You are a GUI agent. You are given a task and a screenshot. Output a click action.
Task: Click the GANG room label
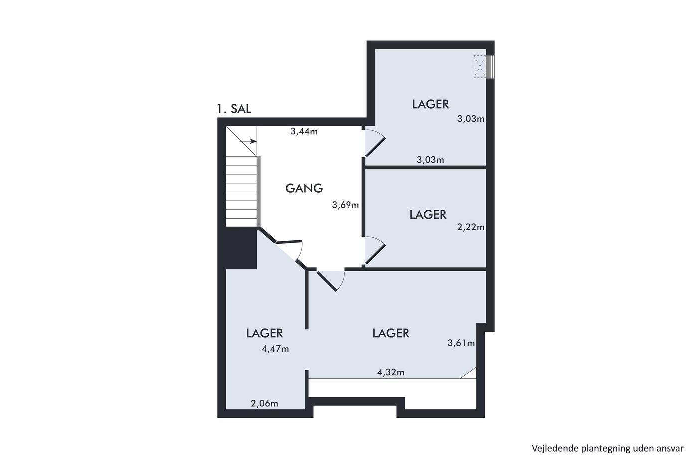click(304, 188)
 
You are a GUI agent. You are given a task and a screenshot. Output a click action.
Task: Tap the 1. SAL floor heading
click(234, 109)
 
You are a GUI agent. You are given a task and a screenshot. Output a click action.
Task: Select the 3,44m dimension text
click(304, 132)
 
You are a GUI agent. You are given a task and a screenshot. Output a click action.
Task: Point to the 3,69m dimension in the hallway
click(345, 205)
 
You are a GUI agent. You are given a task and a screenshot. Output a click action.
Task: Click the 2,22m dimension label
click(471, 227)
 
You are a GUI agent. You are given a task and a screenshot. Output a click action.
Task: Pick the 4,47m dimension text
click(275, 349)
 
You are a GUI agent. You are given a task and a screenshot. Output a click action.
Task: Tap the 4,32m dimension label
click(391, 372)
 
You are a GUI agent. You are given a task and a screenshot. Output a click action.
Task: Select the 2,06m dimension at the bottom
click(264, 403)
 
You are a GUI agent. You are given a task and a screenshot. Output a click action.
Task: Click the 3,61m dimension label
click(461, 343)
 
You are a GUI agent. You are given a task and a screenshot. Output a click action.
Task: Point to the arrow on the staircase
click(248, 141)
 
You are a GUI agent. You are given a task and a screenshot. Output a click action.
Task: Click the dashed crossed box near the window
click(480, 66)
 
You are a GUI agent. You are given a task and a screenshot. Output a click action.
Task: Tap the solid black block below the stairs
click(241, 248)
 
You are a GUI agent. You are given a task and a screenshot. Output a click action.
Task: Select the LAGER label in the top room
click(430, 104)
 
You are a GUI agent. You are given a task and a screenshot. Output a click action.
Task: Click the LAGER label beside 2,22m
click(428, 215)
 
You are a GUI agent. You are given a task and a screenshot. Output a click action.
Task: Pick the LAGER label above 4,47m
click(264, 333)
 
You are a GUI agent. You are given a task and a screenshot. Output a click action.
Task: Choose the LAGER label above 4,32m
click(391, 333)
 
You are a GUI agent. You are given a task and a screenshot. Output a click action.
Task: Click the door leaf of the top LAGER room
click(375, 147)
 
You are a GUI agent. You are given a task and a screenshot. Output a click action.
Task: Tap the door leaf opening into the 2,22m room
click(375, 255)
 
